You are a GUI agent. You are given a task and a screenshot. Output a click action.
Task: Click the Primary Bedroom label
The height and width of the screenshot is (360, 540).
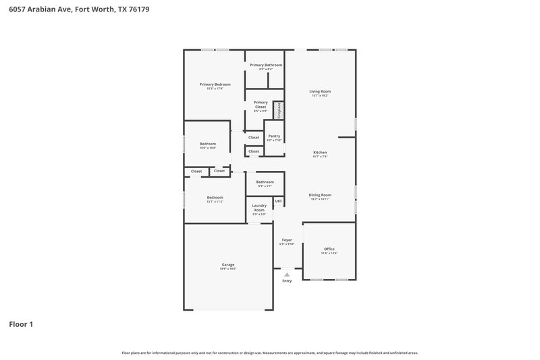[x=215, y=84]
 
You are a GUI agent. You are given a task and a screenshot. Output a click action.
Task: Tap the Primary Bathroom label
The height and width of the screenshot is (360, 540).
[x=265, y=65]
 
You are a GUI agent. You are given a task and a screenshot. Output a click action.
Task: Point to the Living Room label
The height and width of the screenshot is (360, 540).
[x=320, y=91]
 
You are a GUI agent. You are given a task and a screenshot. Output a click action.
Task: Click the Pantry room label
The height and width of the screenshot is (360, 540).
[x=273, y=136]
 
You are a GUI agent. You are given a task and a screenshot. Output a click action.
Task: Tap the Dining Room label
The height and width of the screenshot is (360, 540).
[x=320, y=195]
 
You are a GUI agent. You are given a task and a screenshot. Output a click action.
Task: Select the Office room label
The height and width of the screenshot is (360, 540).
[x=329, y=249]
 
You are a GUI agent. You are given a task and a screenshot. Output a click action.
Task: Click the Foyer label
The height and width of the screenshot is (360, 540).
[x=286, y=240]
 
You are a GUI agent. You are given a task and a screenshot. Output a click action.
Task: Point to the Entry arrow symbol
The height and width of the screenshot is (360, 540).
[x=286, y=275]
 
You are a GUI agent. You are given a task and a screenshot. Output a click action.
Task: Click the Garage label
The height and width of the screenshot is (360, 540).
[x=228, y=264]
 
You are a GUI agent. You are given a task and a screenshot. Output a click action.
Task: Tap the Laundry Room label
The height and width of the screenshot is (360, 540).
[x=259, y=207]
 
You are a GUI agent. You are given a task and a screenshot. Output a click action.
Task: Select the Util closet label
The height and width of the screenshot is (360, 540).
[x=278, y=201]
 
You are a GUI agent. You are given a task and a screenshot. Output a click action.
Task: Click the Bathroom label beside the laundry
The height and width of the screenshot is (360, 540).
[x=265, y=181]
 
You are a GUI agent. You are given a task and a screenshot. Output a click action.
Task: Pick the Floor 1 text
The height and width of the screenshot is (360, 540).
[x=21, y=324]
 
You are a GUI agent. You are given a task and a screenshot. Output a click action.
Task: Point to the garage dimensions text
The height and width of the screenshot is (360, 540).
[x=228, y=269]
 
